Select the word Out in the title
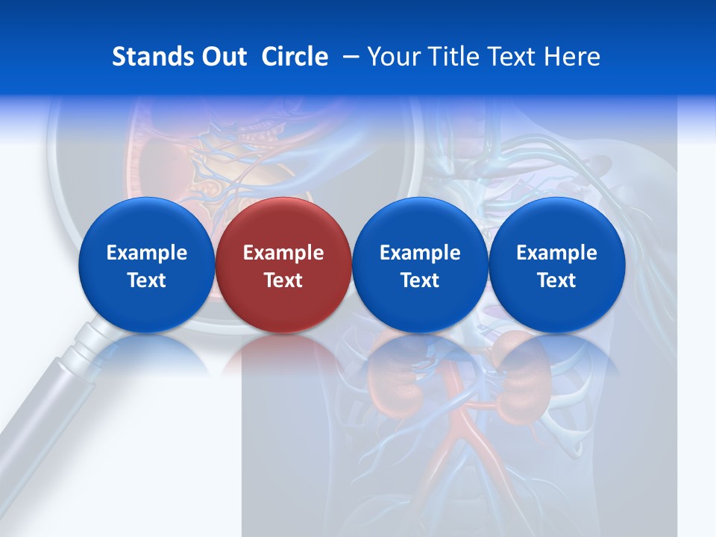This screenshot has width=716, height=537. tap(222, 57)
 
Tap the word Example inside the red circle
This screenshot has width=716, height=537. tap(283, 253)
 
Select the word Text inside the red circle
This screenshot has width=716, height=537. tap(283, 280)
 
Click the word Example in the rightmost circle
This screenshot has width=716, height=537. tap(557, 253)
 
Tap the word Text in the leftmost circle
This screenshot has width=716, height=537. tap(146, 280)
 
